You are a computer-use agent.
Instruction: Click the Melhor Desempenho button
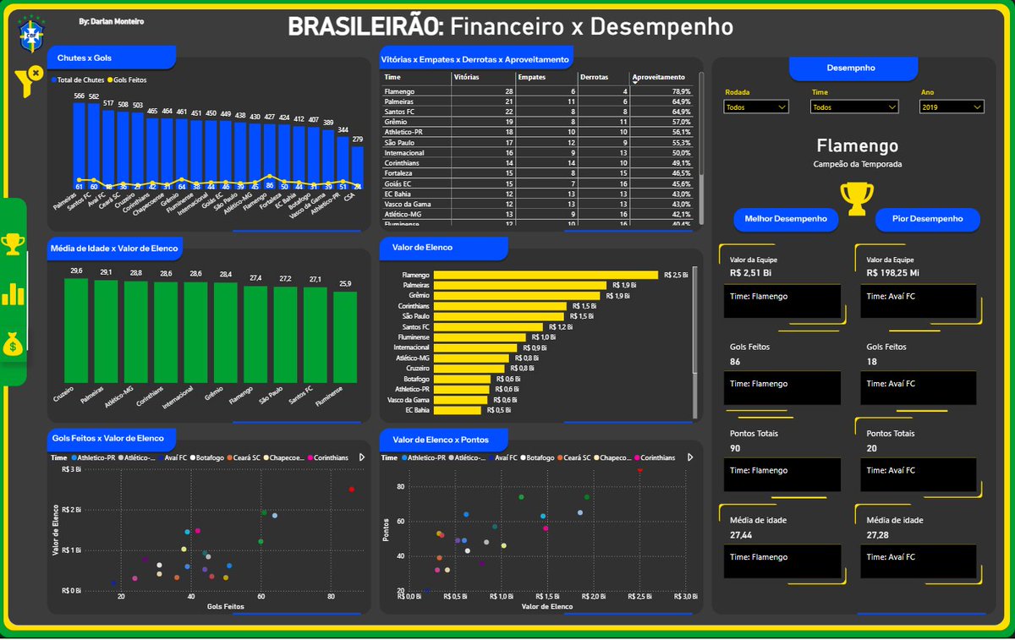(x=786, y=219)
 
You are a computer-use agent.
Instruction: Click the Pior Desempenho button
(x=927, y=219)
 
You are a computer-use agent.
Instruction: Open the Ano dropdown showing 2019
(x=952, y=107)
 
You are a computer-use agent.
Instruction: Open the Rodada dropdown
(x=756, y=107)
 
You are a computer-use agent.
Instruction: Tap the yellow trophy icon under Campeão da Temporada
(x=857, y=197)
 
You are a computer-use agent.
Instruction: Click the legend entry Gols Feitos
(x=127, y=79)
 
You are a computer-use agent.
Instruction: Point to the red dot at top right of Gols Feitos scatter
(x=351, y=490)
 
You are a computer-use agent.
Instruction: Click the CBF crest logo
(x=32, y=34)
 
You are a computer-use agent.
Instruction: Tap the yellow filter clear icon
(x=27, y=80)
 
